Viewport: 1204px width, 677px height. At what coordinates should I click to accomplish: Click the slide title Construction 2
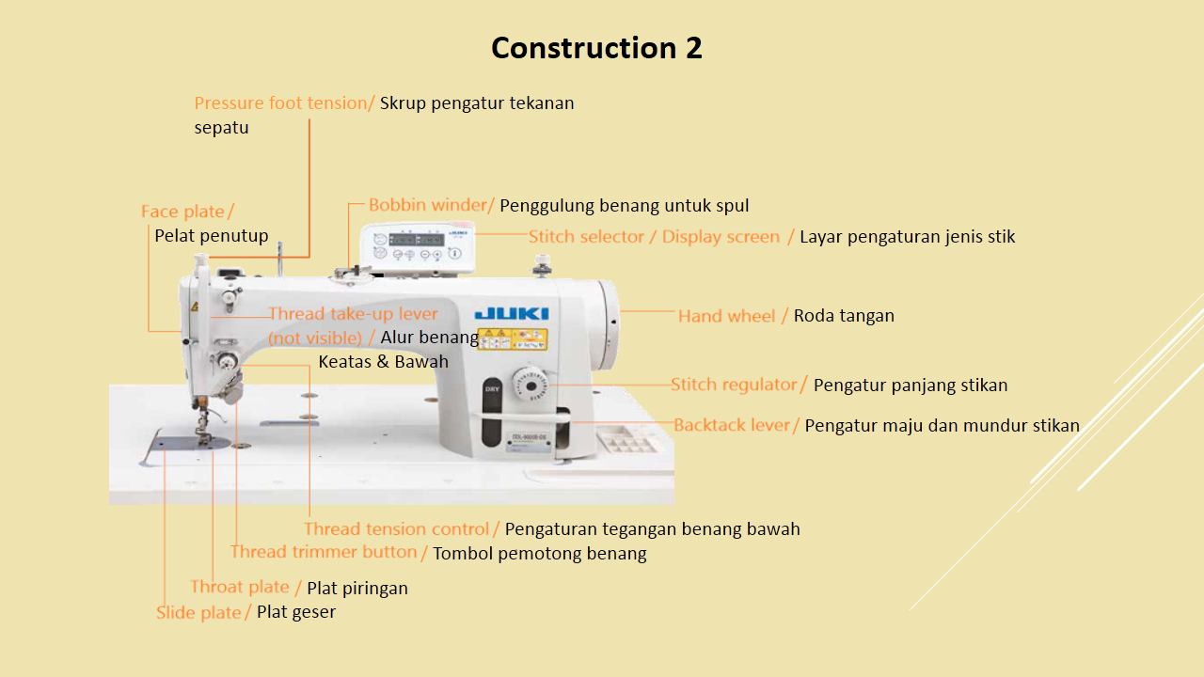596,48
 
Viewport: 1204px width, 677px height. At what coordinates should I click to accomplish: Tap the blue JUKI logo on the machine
512,313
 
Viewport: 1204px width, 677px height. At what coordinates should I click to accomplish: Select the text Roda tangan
844,316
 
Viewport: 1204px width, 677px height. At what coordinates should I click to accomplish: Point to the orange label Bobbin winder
430,205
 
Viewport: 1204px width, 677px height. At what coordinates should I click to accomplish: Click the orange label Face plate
184,212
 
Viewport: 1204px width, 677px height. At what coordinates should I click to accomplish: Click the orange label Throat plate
241,588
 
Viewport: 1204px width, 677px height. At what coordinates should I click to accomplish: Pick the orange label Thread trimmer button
325,552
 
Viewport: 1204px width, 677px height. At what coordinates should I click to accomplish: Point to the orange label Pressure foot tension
282,103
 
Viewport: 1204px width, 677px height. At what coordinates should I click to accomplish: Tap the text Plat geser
296,612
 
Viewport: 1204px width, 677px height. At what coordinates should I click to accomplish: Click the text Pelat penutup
212,236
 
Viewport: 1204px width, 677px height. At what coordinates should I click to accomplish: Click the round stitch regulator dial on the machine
531,385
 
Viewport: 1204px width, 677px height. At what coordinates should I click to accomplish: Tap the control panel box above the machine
418,248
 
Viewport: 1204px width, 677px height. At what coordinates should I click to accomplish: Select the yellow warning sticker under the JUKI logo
513,338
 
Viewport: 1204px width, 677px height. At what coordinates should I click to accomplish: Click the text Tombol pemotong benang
540,553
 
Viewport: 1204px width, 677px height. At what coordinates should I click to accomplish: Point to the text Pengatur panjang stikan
911,386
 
